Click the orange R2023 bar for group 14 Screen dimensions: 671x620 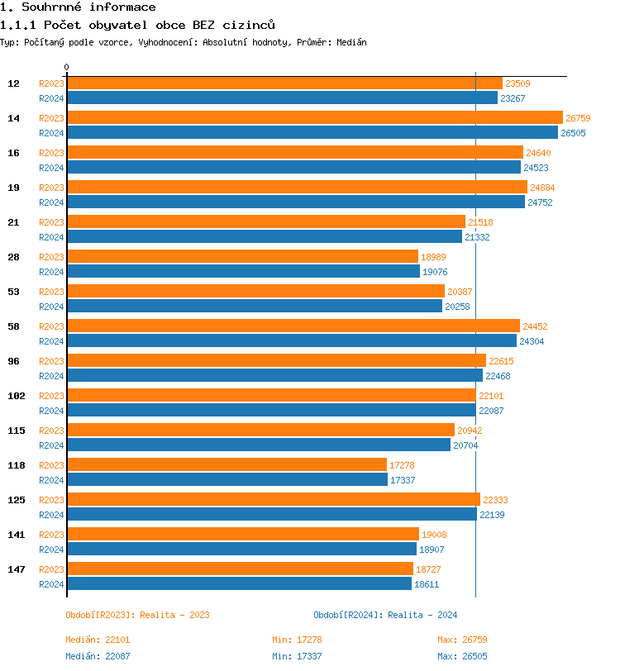coord(314,118)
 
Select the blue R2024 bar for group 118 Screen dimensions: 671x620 coord(227,480)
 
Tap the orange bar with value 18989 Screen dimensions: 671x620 coord(243,257)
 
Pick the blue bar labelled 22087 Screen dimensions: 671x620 coord(271,411)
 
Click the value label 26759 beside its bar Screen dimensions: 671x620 coord(578,118)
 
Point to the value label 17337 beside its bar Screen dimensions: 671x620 coord(403,480)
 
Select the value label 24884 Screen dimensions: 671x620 coord(543,188)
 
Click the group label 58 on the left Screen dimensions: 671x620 coord(14,326)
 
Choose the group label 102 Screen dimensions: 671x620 coord(17,396)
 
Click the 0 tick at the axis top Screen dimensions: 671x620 coord(67,68)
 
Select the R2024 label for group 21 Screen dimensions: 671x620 coord(51,237)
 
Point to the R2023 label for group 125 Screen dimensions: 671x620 coord(51,500)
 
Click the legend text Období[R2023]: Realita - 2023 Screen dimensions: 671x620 coord(137,615)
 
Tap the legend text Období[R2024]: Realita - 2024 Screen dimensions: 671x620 coord(385,615)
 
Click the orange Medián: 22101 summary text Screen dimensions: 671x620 coord(98,640)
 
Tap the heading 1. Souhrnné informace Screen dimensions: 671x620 coord(78,7)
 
